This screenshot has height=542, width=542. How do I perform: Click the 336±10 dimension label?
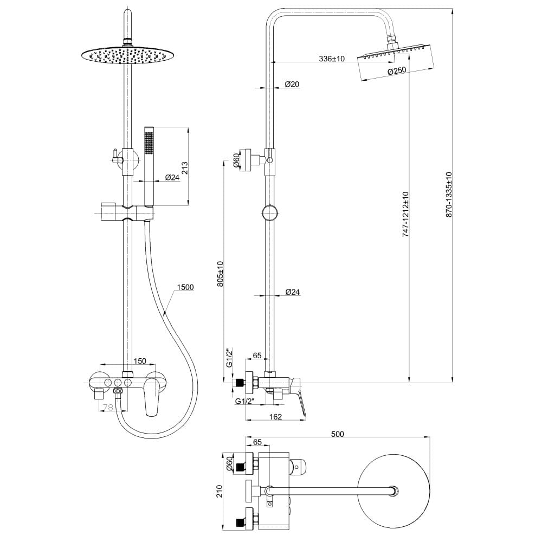tap(332, 58)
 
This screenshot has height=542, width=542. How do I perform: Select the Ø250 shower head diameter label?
tap(397, 71)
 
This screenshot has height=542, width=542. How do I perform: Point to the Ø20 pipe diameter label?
tap(292, 84)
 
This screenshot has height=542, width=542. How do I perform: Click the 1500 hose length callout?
tap(185, 287)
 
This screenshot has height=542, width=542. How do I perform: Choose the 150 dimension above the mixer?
tap(140, 361)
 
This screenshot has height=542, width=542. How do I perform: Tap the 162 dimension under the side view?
tap(275, 417)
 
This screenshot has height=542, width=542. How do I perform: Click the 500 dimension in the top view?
tap(338, 434)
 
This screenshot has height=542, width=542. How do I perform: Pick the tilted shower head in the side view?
tap(396, 62)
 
